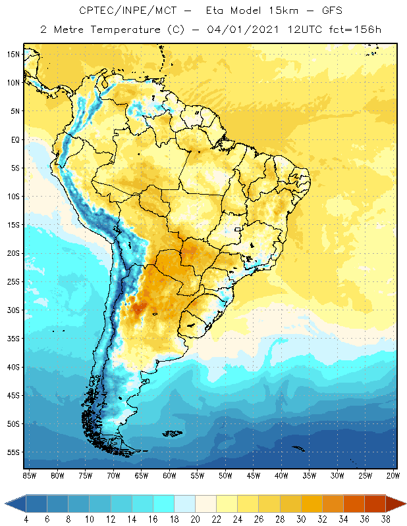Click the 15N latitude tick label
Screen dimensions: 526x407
point(13,54)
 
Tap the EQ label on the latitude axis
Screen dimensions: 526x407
point(14,139)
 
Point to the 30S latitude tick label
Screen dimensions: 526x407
point(13,310)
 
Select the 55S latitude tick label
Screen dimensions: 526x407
point(13,452)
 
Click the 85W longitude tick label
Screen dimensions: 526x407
point(29,475)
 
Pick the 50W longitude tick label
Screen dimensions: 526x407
point(226,475)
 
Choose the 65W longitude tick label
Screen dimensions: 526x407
point(142,475)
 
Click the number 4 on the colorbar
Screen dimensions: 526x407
point(26,519)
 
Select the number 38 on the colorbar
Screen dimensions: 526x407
point(386,519)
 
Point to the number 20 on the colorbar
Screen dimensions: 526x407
point(195,519)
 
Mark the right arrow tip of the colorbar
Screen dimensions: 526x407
point(405,504)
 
